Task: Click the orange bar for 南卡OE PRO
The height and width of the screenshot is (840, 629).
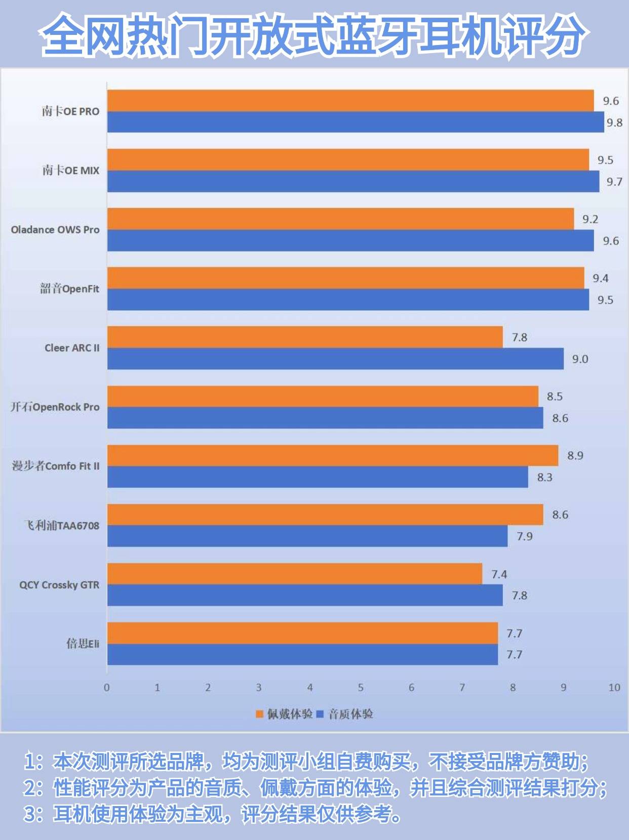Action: pos(350,100)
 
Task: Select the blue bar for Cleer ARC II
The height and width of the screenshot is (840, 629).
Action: pos(335,359)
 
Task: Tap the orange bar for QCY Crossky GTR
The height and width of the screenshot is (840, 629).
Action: pos(294,573)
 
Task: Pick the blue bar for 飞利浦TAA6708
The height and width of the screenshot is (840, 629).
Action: pos(307,536)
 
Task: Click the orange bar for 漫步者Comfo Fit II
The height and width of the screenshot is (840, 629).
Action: pos(332,455)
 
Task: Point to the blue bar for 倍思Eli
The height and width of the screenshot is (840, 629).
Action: pos(302,655)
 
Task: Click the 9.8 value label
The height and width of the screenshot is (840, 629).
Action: pos(614,122)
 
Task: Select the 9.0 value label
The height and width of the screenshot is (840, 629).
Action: pos(580,359)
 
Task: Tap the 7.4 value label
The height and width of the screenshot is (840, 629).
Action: pos(499,574)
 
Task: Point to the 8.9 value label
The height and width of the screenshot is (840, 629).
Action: pos(575,455)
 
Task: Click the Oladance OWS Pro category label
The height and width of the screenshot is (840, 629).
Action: pos(55,230)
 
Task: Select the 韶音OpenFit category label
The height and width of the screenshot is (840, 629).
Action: pos(70,288)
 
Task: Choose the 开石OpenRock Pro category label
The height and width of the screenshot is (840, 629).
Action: pos(55,407)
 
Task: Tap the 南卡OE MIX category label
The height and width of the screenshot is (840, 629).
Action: pos(71,171)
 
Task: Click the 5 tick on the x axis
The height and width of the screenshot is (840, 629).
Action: pos(361,687)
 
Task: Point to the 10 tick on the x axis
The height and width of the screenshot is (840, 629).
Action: pos(614,687)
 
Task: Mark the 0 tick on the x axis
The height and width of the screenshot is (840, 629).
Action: pos(107,687)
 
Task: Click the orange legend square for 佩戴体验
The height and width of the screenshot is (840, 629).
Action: pos(260,714)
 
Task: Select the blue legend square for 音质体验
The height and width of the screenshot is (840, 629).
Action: pos(320,714)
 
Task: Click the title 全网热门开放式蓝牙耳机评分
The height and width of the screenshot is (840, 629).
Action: pos(314,34)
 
